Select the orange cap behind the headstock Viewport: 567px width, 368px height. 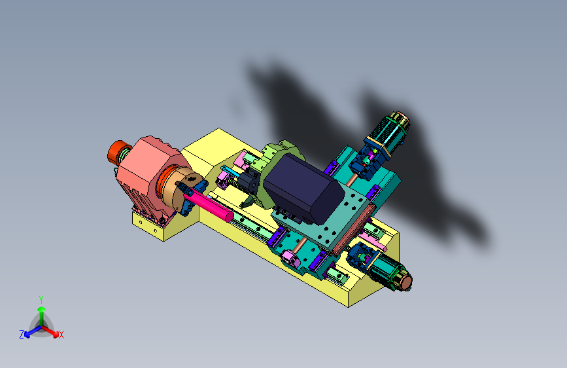pyautogui.click(x=116, y=151)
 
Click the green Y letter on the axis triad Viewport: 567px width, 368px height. pyautogui.click(x=41, y=300)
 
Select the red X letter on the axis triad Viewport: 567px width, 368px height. pyautogui.click(x=61, y=335)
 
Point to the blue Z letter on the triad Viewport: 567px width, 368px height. pyautogui.click(x=22, y=335)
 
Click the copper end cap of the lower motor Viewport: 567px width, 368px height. pyautogui.click(x=406, y=282)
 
